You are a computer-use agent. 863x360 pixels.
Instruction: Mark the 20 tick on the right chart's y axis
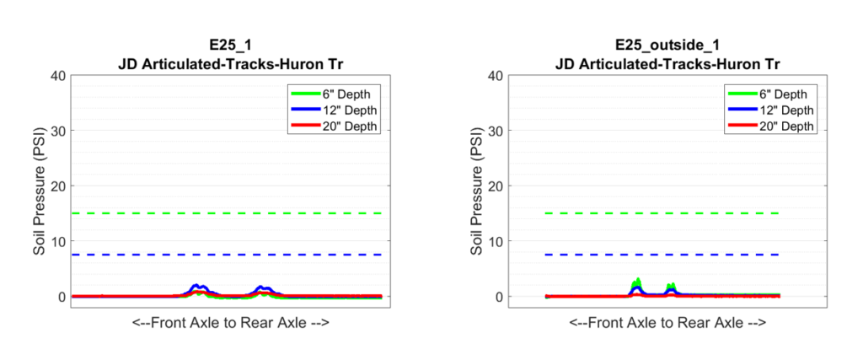click(x=493, y=185)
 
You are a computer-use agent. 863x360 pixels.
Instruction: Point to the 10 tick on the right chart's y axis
click(x=493, y=241)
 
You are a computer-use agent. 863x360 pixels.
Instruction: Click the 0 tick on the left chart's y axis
click(x=60, y=297)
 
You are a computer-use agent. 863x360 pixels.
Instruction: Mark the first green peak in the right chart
click(x=637, y=282)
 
